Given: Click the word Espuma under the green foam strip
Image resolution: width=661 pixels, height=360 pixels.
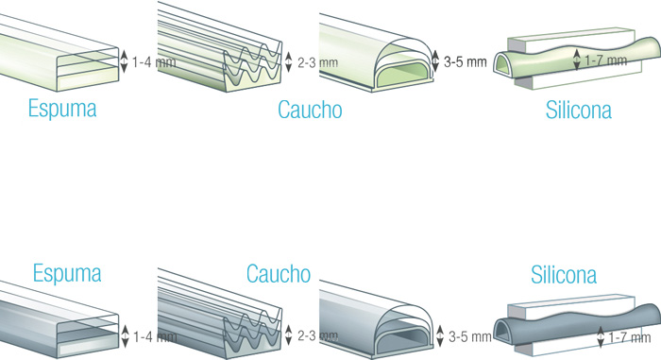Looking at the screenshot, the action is pos(62,110).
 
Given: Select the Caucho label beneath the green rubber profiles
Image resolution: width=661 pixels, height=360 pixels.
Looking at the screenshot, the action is pos(310,110).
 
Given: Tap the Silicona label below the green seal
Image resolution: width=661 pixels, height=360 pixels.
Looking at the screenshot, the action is pos(578,110).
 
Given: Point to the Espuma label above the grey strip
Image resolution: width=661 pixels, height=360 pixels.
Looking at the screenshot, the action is pos(67,273).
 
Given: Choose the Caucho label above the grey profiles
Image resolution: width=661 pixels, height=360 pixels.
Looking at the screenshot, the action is pos(279,273).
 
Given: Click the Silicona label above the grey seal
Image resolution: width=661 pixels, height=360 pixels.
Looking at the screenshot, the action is pos(564,274).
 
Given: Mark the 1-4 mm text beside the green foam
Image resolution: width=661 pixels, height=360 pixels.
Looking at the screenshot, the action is pos(154,62).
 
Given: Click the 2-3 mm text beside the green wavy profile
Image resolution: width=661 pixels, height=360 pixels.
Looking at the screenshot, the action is pos(318,63).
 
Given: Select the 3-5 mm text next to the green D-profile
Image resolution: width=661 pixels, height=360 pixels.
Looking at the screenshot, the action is pos(465,62).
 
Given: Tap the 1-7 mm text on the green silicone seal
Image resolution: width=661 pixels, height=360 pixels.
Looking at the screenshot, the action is pos(606,60).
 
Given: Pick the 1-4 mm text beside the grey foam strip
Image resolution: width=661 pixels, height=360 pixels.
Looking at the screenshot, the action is pos(155,336).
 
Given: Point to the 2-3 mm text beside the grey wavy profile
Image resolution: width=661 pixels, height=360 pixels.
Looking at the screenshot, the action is pos(318,336).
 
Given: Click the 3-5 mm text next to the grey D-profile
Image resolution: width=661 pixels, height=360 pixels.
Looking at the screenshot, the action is pos(469,336).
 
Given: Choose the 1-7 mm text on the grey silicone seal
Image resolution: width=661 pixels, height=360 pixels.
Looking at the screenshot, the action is pos(630,337).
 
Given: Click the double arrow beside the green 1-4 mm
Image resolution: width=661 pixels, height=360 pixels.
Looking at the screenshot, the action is pos(124,61).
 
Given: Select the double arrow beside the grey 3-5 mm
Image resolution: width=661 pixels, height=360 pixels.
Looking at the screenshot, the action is pos(440,336).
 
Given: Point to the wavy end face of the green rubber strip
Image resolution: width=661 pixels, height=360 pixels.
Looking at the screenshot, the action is pos(252,67).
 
